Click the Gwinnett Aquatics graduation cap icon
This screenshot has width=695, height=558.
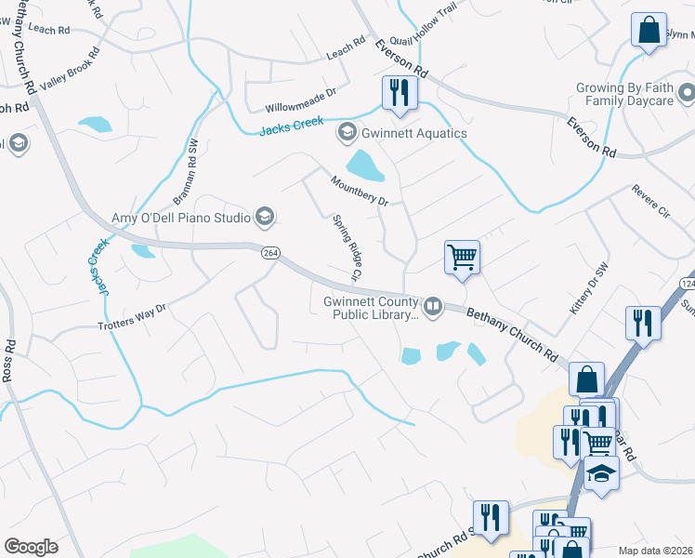click(x=347, y=133)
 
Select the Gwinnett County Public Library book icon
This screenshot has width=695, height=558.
click(x=433, y=306)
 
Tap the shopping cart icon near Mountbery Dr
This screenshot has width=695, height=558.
click(x=462, y=255)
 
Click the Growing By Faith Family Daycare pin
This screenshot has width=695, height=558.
click(x=687, y=93)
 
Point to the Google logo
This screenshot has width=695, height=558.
click(x=31, y=547)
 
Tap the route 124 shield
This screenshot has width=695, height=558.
click(x=688, y=283)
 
